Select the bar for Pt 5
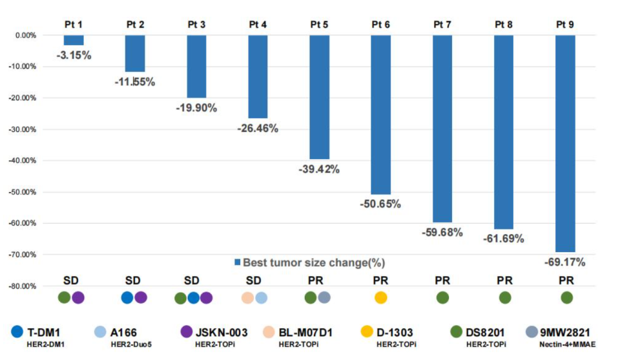tap(320, 97)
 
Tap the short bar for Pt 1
tap(74, 40)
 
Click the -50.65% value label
tap(380, 204)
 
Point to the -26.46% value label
tap(257, 128)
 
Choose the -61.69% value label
tap(504, 238)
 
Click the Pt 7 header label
tap(442, 25)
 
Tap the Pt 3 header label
tap(196, 25)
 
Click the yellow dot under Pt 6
tap(381, 298)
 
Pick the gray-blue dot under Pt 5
tap(325, 297)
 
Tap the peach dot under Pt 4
tap(248, 298)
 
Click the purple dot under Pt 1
tap(78, 298)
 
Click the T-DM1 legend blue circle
tap(17, 332)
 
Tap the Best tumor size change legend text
tap(314, 262)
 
